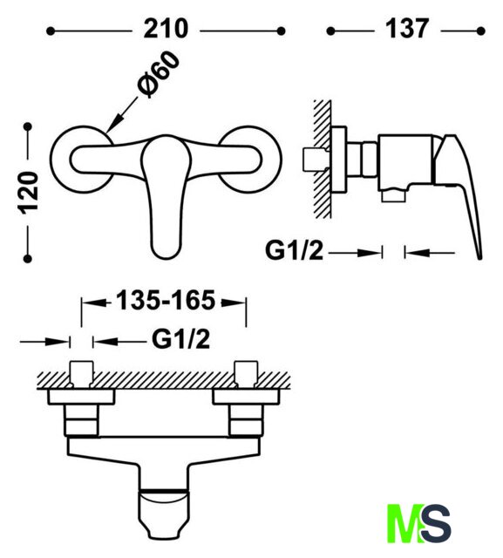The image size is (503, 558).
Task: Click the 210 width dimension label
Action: click(x=166, y=29)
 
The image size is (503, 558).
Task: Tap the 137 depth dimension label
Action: click(x=407, y=29)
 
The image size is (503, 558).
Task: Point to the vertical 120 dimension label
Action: click(x=29, y=193)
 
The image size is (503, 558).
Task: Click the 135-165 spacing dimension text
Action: click(x=166, y=301)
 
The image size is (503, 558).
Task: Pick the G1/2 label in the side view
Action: click(x=294, y=251)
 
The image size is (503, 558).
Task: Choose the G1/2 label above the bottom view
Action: click(x=180, y=339)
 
